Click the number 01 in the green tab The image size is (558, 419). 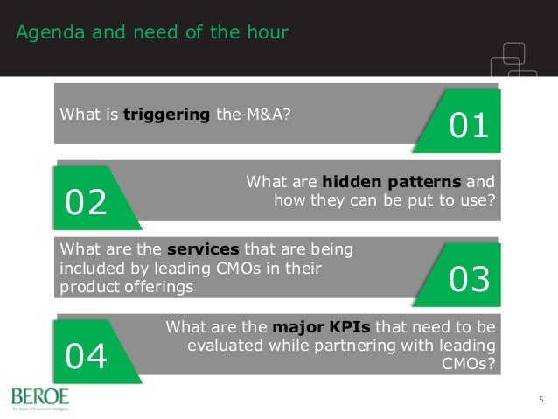tap(468, 127)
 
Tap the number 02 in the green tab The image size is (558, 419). tap(87, 203)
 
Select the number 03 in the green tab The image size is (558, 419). tap(469, 280)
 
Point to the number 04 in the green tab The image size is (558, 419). tap(87, 356)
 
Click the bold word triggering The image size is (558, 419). tap(166, 114)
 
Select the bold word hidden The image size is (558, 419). tap(346, 182)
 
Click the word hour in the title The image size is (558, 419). tap(266, 33)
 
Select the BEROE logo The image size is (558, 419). tap(39, 397)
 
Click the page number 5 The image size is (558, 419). tap(541, 400)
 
